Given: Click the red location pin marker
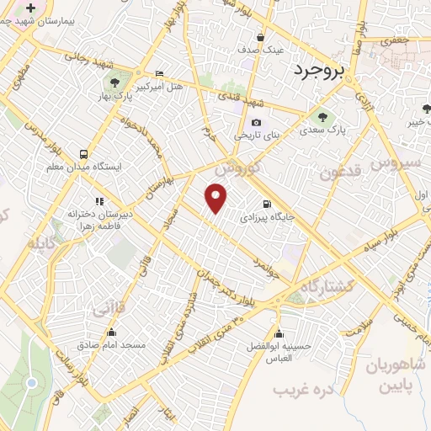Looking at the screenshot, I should (x=217, y=196).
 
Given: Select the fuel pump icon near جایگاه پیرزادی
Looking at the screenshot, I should (x=267, y=203).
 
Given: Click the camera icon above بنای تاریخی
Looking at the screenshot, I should (x=256, y=122).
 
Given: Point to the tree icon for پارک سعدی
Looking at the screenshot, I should (x=322, y=116).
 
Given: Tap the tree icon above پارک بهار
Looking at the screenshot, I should (x=114, y=82).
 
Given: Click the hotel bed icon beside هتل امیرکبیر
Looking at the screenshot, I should (x=160, y=74).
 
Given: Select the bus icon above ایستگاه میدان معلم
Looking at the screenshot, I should (x=83, y=154).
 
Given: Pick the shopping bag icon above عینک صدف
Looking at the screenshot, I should (x=260, y=37).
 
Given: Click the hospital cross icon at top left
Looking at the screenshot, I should (x=31, y=8).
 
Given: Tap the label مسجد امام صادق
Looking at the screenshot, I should (x=112, y=345).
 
